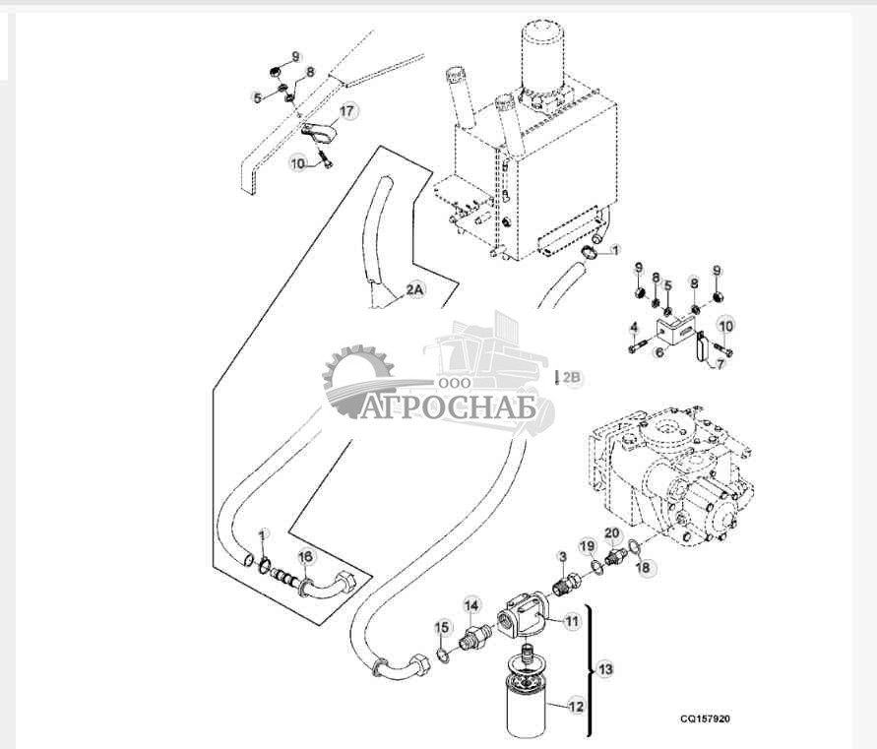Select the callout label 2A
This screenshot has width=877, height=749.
[414, 291]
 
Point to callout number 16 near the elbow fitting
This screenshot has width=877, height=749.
[306, 557]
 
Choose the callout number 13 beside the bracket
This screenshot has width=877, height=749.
[604, 669]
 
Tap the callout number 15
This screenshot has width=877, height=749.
[442, 627]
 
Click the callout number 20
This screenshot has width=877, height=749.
[611, 534]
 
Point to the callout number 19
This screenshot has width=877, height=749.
[587, 545]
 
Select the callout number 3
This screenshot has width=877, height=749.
[562, 557]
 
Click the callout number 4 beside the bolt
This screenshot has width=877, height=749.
[634, 327]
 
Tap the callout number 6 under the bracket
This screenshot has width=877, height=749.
[658, 349]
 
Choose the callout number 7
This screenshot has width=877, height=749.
[722, 365]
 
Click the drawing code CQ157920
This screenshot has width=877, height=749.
[704, 718]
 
